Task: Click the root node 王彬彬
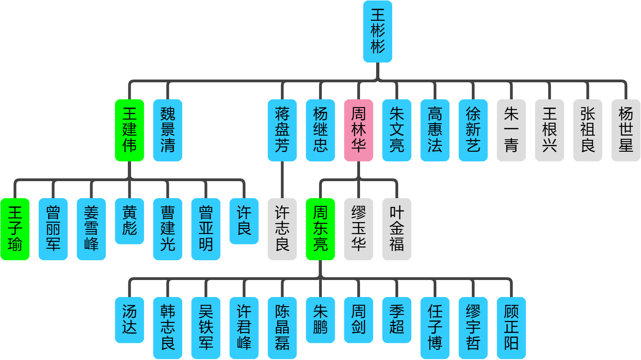378,32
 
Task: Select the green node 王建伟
129,130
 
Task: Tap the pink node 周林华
358,130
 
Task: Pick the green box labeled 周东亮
320,229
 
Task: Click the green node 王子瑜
15,229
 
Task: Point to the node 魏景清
167,130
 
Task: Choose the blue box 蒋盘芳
282,130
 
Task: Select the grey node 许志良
282,229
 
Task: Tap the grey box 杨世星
625,130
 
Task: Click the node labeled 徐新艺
473,130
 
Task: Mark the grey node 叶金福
396,229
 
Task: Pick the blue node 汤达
129,320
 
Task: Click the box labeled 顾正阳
511,328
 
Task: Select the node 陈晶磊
282,328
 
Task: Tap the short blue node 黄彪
129,221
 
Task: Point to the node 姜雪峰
91,229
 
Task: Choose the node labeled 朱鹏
320,320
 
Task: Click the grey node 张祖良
587,130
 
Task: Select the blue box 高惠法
435,130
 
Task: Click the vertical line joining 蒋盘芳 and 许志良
282,180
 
